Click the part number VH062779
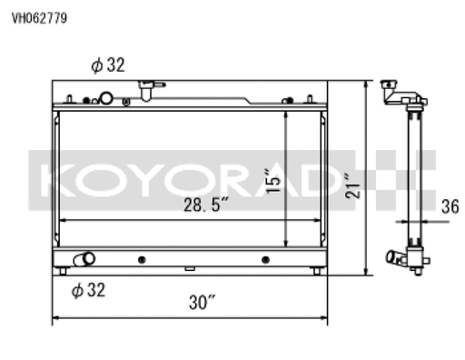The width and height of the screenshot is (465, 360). pos(39,18)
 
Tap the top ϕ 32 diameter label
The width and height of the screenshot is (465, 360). pos(108,65)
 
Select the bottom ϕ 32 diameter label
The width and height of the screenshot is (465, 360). pos(88,290)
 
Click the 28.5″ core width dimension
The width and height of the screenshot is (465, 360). pos(206,205)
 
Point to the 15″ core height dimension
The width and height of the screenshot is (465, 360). pos(273,181)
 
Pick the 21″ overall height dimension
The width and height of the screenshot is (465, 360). pos(353,185)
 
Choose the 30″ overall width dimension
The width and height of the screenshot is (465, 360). pos(203,302)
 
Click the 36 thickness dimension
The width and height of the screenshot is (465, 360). pos(450,206)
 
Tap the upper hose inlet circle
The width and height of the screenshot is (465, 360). pos(106,98)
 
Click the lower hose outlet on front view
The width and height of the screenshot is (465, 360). pos(84,260)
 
